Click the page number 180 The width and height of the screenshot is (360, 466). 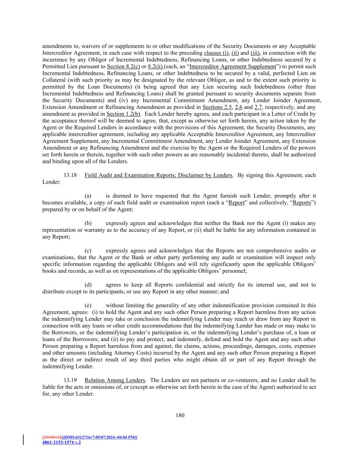(x=180, y=415)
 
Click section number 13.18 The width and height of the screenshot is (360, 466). (x=70, y=175)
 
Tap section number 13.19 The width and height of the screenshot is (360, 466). (x=70, y=380)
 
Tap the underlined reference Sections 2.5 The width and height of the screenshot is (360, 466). (x=217, y=107)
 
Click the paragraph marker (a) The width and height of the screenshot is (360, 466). (x=88, y=196)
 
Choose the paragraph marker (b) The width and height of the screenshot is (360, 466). (x=88, y=223)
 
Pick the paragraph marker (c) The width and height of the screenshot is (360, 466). (x=88, y=251)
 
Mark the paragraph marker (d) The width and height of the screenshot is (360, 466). (x=88, y=285)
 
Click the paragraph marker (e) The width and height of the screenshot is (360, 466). (x=88, y=305)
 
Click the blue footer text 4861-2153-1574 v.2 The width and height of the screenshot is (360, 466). (x=61, y=442)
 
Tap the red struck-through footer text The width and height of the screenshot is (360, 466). (x=52, y=437)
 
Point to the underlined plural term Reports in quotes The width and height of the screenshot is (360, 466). (x=302, y=203)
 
